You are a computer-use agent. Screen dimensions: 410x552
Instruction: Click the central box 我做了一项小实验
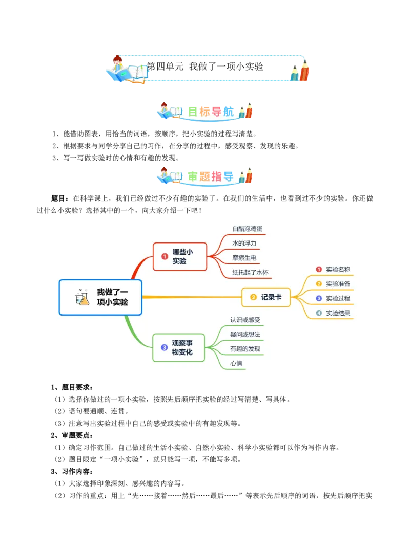coord(100,297)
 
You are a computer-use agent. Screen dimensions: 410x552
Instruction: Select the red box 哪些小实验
coord(180,257)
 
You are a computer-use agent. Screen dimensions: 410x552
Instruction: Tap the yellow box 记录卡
coord(266,297)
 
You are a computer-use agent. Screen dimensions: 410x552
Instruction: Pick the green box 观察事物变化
coord(179,348)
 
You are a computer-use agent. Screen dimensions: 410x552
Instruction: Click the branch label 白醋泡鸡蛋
coord(247,229)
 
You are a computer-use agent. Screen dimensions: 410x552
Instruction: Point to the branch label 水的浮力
coord(244,244)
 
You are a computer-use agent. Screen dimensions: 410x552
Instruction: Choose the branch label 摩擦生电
coord(244,258)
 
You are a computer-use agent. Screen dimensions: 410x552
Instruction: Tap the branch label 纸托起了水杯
coord(250,273)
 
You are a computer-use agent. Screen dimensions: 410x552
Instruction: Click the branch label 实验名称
coord(338,269)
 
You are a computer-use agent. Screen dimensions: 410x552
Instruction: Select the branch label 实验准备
coord(338,284)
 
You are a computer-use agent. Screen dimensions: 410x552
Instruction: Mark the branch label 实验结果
coord(338,313)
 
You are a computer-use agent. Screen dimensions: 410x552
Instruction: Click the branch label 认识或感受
coord(245,320)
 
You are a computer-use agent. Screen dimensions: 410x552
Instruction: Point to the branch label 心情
coord(236,363)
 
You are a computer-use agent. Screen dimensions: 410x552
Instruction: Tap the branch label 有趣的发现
coord(245,349)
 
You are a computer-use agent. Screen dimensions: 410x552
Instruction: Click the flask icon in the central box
coord(82,297)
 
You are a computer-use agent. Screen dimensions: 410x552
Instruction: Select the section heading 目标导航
coord(211,112)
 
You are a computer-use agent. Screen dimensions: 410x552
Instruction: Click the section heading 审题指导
coord(211,176)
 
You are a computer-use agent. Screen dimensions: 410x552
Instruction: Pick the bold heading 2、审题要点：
coord(72,435)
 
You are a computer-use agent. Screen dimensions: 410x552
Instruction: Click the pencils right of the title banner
coord(299,71)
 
